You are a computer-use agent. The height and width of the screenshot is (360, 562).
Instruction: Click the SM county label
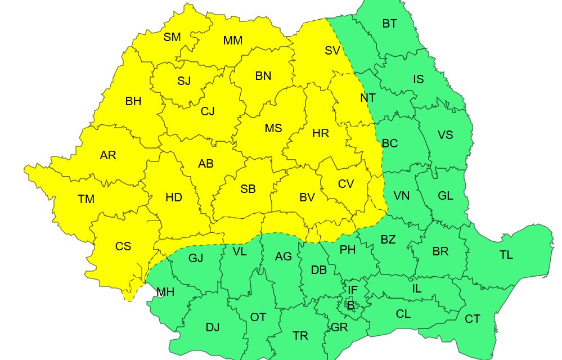tap(172, 37)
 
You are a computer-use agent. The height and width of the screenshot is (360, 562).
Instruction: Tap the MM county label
tap(232, 40)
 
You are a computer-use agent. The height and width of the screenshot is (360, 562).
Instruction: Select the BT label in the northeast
tap(389, 24)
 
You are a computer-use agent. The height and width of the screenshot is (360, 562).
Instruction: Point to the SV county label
tap(332, 51)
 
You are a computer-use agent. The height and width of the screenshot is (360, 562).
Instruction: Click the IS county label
tap(418, 79)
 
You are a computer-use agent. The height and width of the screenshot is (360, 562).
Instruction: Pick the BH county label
tap(133, 102)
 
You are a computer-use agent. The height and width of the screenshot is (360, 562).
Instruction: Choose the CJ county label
tap(208, 111)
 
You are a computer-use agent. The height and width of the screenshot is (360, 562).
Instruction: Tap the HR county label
tap(320, 134)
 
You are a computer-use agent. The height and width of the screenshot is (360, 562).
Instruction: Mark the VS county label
tap(445, 135)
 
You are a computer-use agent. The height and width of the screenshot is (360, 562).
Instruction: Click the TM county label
tap(86, 199)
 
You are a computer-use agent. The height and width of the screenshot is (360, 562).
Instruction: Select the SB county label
tap(248, 189)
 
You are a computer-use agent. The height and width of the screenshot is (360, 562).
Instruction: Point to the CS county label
tap(123, 246)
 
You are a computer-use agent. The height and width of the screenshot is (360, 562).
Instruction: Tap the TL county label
tap(506, 255)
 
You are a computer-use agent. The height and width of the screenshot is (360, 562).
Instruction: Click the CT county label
tap(473, 319)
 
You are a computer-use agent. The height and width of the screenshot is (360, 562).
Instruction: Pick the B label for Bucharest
tap(350, 305)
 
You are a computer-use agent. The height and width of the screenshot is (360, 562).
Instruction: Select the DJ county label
tap(213, 328)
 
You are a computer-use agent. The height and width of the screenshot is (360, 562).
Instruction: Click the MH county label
tap(165, 292)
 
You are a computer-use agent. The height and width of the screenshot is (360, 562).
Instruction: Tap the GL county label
tap(445, 196)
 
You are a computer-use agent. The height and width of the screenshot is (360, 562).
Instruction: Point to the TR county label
tap(300, 336)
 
